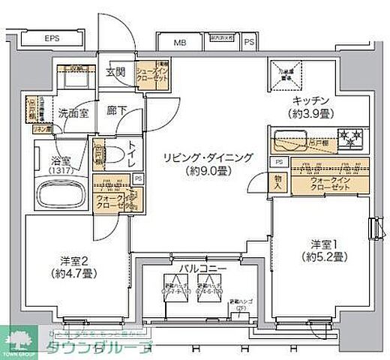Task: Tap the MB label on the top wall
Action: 181,43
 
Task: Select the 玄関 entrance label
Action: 115,72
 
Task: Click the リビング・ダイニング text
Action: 205,157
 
